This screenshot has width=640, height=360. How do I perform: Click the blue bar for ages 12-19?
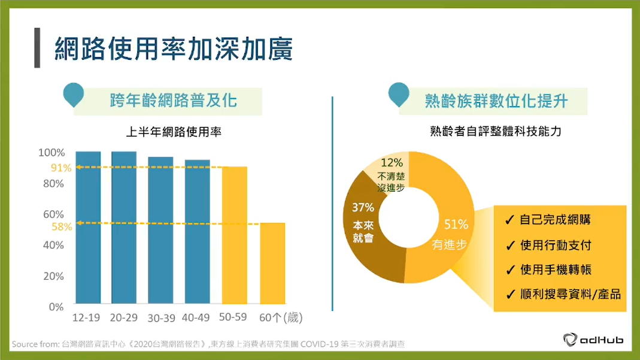(x=88, y=228)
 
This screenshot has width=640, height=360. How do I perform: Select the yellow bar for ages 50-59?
(x=234, y=235)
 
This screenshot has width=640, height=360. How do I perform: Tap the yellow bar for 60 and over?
(x=272, y=264)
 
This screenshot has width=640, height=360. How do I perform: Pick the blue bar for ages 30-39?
(x=160, y=230)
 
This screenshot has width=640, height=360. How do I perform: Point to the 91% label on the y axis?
(x=61, y=168)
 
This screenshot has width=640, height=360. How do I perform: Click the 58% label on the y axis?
(x=62, y=226)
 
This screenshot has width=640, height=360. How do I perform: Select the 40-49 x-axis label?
(x=196, y=317)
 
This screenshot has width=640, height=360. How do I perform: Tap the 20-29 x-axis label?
(x=124, y=317)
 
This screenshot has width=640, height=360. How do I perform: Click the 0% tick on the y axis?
(x=56, y=307)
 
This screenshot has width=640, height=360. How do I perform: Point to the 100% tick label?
(x=52, y=153)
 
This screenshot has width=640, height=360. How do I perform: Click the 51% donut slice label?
(x=456, y=225)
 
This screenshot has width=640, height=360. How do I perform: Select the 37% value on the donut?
(x=363, y=207)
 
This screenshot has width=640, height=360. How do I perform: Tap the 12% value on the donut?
(x=392, y=163)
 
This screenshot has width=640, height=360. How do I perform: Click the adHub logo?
(x=593, y=340)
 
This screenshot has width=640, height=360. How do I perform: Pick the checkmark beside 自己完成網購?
(x=509, y=220)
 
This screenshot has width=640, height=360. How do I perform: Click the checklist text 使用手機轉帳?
(x=556, y=270)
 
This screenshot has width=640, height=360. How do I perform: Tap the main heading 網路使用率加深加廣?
(x=174, y=49)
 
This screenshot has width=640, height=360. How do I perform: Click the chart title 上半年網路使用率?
(x=174, y=132)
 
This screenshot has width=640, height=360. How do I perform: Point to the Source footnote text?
(x=208, y=344)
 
